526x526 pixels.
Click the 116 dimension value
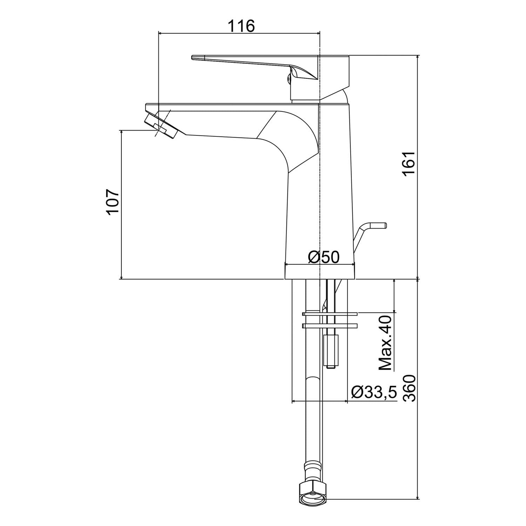click(241, 26)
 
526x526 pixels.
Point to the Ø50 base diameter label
click(324, 257)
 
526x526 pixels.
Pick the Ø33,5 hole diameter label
click(374, 392)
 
